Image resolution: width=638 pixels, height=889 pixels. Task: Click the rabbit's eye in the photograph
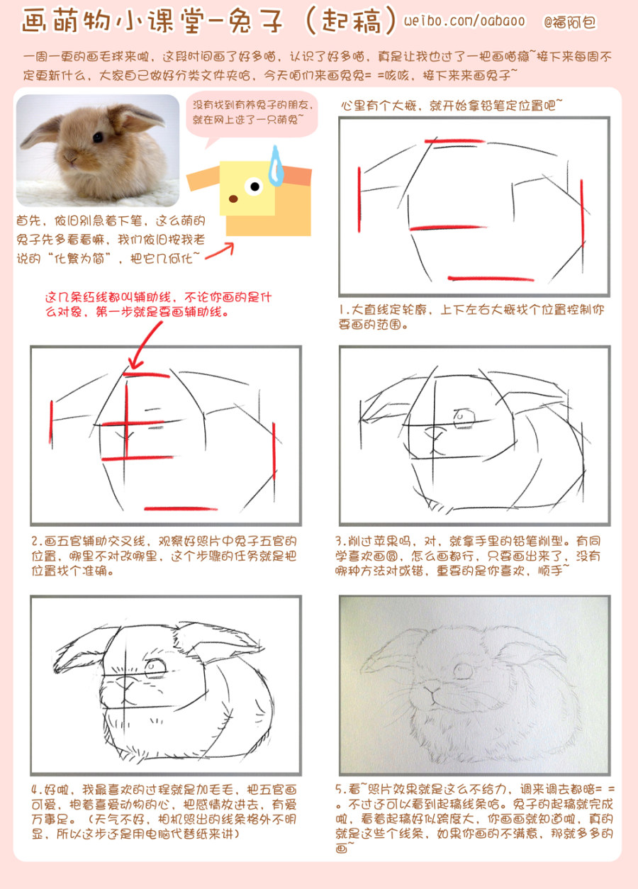(98, 138)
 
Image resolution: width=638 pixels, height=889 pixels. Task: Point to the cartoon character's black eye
(254, 186)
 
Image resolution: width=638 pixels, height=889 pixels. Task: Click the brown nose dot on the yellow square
(233, 199)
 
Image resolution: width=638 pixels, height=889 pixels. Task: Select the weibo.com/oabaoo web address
(464, 21)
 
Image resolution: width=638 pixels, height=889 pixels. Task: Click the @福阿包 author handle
(569, 21)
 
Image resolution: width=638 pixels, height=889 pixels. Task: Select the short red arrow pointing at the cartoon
(220, 251)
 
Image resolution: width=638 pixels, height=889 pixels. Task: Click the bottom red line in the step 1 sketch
(491, 279)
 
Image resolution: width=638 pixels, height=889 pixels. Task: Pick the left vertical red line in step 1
(359, 199)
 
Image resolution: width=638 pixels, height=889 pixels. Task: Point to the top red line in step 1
(454, 141)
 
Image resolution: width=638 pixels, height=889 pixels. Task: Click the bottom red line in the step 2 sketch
(181, 508)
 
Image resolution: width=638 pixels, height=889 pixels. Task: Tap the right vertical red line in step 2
(274, 451)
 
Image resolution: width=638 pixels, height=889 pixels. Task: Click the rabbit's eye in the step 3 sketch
(464, 418)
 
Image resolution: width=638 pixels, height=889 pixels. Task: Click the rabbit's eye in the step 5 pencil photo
(463, 671)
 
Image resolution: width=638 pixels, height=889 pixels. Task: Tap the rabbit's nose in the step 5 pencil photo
(431, 688)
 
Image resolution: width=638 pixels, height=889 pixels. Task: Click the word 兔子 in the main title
(255, 21)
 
